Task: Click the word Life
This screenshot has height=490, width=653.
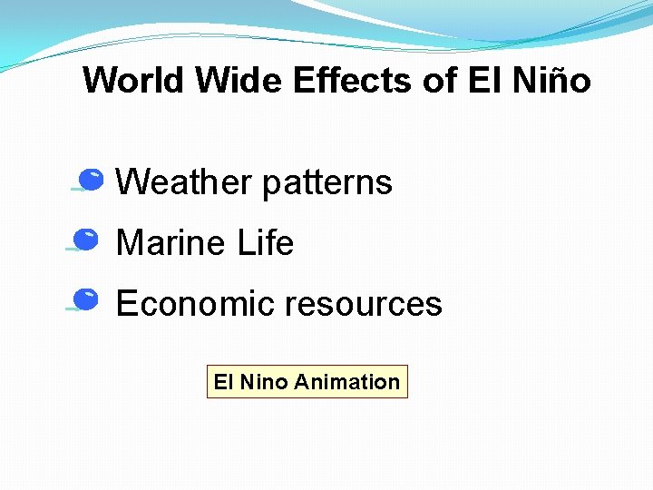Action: point(266,243)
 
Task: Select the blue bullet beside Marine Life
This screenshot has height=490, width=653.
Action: point(86,240)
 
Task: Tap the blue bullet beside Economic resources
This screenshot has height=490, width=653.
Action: point(86,299)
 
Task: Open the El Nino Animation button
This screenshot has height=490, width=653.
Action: point(307,382)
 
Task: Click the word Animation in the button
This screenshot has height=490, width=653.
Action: point(347,382)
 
